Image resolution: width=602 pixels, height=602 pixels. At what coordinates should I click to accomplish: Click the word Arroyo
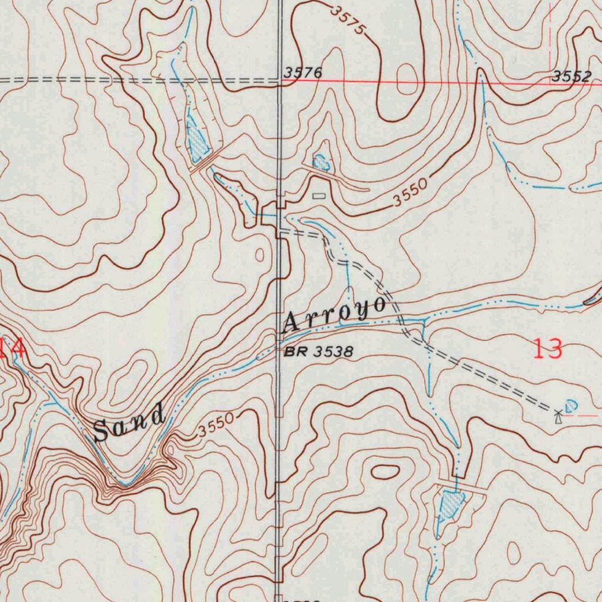point(336,315)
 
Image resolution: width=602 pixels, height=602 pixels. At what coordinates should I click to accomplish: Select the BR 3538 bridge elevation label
point(319,352)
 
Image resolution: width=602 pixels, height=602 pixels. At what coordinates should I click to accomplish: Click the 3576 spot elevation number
point(303,73)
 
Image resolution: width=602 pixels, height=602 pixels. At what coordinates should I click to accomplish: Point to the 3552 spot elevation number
point(571,76)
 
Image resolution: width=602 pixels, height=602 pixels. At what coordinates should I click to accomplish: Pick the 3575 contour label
point(348,19)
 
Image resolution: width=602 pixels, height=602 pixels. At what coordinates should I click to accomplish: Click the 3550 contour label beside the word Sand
point(216,426)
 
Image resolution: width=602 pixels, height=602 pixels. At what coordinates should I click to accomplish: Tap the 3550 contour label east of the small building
point(410,195)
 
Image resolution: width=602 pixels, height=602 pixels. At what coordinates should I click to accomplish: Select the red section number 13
point(548,349)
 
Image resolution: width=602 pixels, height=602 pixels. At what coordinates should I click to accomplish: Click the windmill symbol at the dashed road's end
point(558,417)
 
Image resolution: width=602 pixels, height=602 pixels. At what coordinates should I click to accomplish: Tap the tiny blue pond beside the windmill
point(570,406)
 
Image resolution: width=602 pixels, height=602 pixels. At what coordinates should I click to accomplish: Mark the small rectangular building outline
point(319,196)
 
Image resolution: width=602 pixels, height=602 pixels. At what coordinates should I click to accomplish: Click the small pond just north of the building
point(321,161)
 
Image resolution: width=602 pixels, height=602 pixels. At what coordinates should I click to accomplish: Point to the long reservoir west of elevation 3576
point(196,141)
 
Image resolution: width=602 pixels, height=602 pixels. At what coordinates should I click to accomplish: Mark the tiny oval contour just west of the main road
point(260,255)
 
